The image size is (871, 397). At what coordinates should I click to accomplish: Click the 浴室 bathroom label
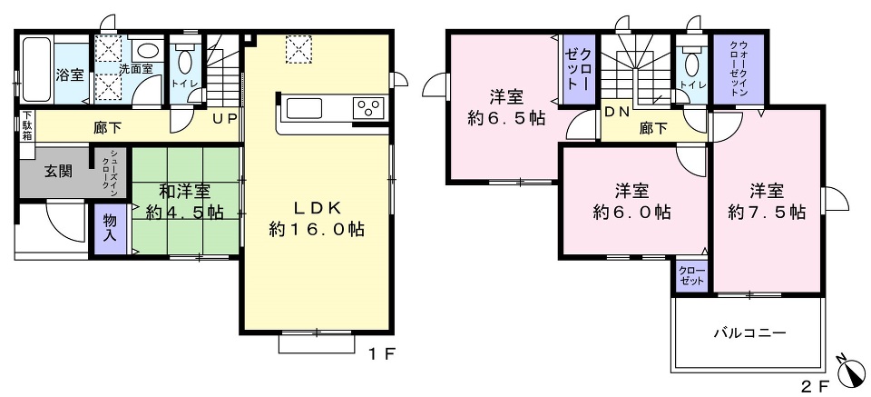tap(71, 75)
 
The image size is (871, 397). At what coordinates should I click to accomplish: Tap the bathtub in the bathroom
tap(36, 69)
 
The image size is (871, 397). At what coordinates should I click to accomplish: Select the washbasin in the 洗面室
tap(147, 51)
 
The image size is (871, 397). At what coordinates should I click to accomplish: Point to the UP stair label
tap(224, 118)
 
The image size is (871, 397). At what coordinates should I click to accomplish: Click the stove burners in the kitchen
tap(369, 107)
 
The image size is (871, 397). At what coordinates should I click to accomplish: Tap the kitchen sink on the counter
tap(303, 107)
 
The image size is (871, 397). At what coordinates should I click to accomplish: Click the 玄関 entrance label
tap(58, 172)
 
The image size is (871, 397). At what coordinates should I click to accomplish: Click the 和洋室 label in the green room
tap(185, 192)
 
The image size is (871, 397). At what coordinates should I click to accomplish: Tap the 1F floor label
tap(381, 353)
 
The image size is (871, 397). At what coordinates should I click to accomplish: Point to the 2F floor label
tap(817, 384)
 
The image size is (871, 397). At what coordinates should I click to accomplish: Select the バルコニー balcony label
tap(750, 333)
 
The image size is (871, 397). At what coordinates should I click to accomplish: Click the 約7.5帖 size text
tap(768, 212)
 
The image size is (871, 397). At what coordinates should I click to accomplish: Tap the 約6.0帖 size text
tap(631, 212)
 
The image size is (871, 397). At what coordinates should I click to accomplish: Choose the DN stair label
tap(616, 111)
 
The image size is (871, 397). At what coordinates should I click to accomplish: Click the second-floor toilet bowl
tap(691, 64)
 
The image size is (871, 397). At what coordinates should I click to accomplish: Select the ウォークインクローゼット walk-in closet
tap(740, 69)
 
